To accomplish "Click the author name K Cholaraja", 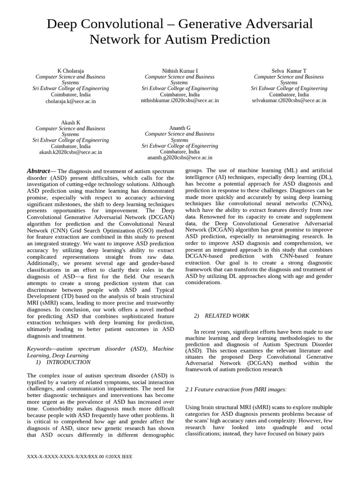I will coord(70,71).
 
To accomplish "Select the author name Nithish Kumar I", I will coord(180,71).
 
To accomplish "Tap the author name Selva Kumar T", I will coord(289,71).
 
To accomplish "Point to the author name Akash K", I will coord(70,123).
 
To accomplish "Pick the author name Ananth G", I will coord(180,128).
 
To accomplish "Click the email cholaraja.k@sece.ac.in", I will coord(70,101).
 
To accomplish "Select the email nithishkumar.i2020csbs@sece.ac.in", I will coord(180,100).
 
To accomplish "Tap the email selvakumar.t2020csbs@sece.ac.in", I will coord(289,100).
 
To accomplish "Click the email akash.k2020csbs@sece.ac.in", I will coord(70,152).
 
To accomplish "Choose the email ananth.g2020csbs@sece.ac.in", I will coord(180,158).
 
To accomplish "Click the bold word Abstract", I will coord(38,171).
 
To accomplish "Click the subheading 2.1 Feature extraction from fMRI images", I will coord(236,390).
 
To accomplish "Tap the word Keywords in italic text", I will coord(39,349).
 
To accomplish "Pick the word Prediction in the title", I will coord(240,40).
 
